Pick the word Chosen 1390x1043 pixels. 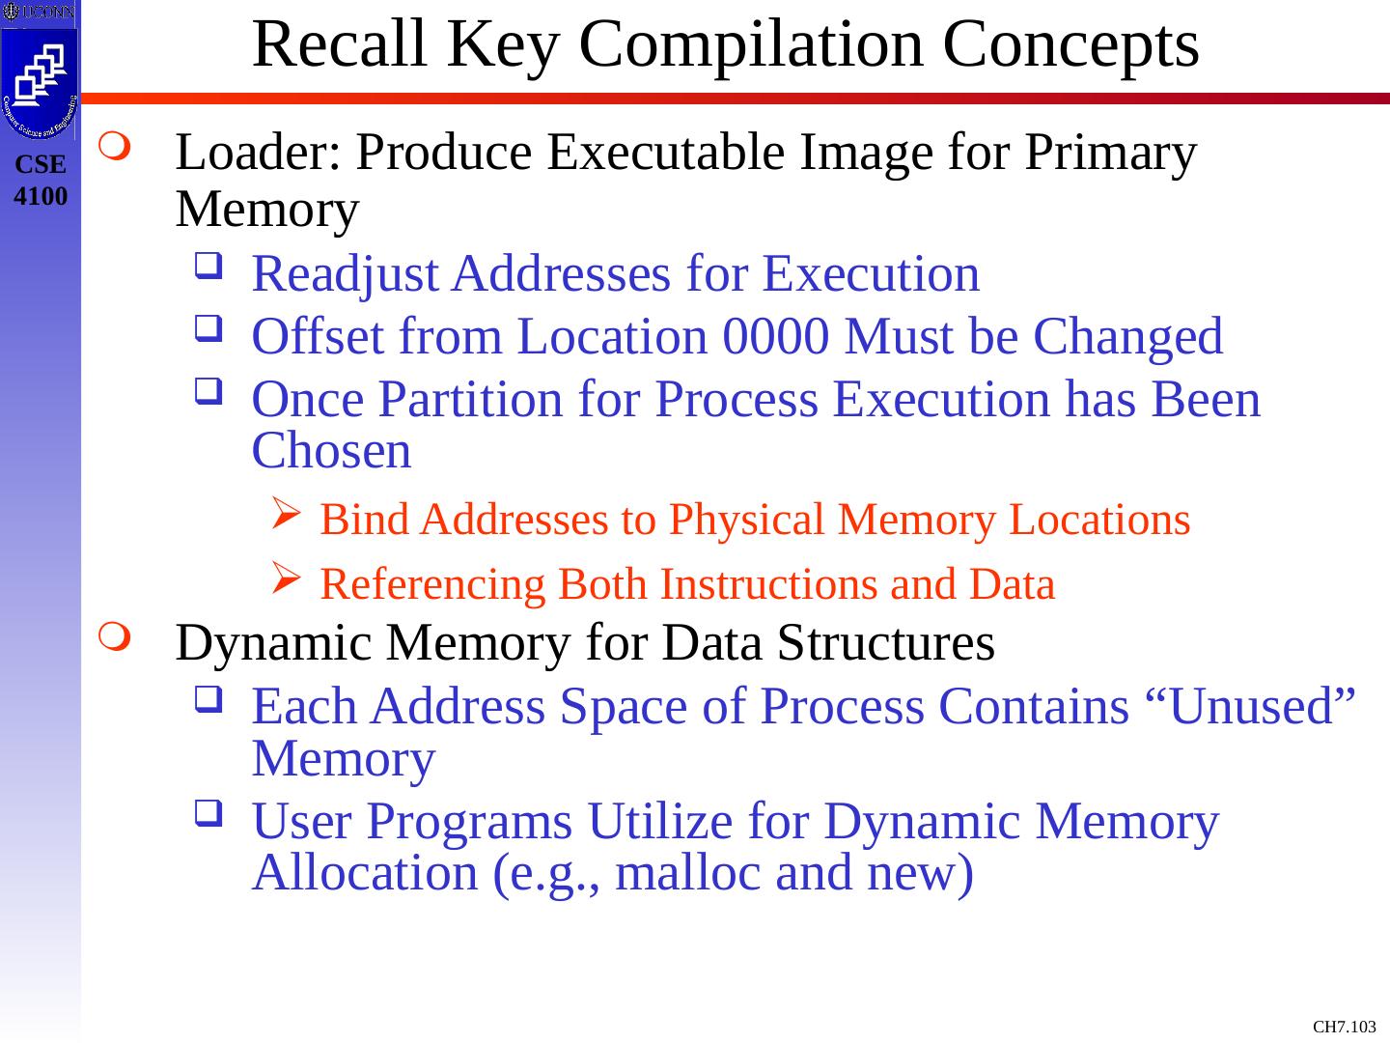point(331,451)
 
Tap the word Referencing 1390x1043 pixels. point(432,584)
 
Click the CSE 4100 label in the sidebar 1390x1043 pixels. point(42,181)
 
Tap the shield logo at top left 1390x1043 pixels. point(40,76)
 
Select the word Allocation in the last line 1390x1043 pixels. point(364,873)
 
